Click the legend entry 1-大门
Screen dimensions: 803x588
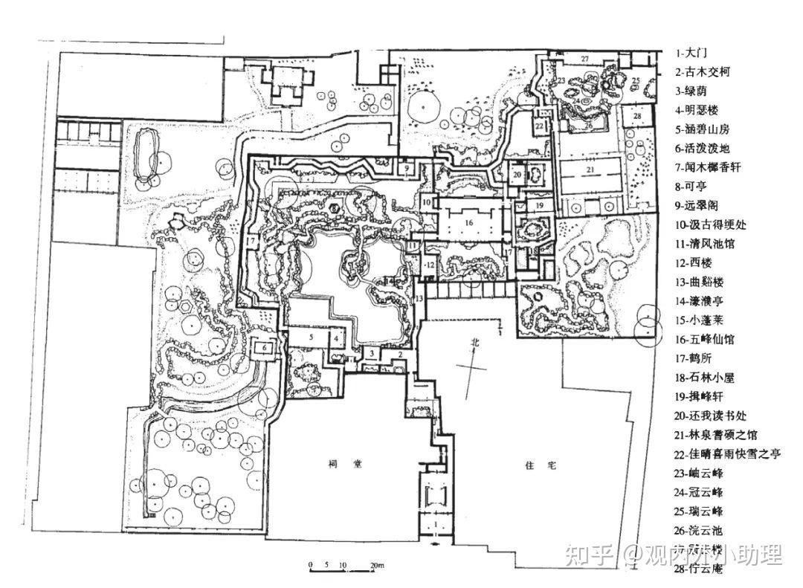(691, 53)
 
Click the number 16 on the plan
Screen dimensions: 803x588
(468, 222)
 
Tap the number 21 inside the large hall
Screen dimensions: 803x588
(590, 170)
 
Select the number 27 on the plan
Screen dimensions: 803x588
(584, 59)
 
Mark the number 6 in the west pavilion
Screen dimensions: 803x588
(263, 346)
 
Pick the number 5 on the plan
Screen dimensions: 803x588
(313, 337)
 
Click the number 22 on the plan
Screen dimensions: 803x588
(538, 127)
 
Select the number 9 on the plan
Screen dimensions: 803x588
(407, 169)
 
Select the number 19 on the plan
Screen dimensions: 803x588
(540, 204)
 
